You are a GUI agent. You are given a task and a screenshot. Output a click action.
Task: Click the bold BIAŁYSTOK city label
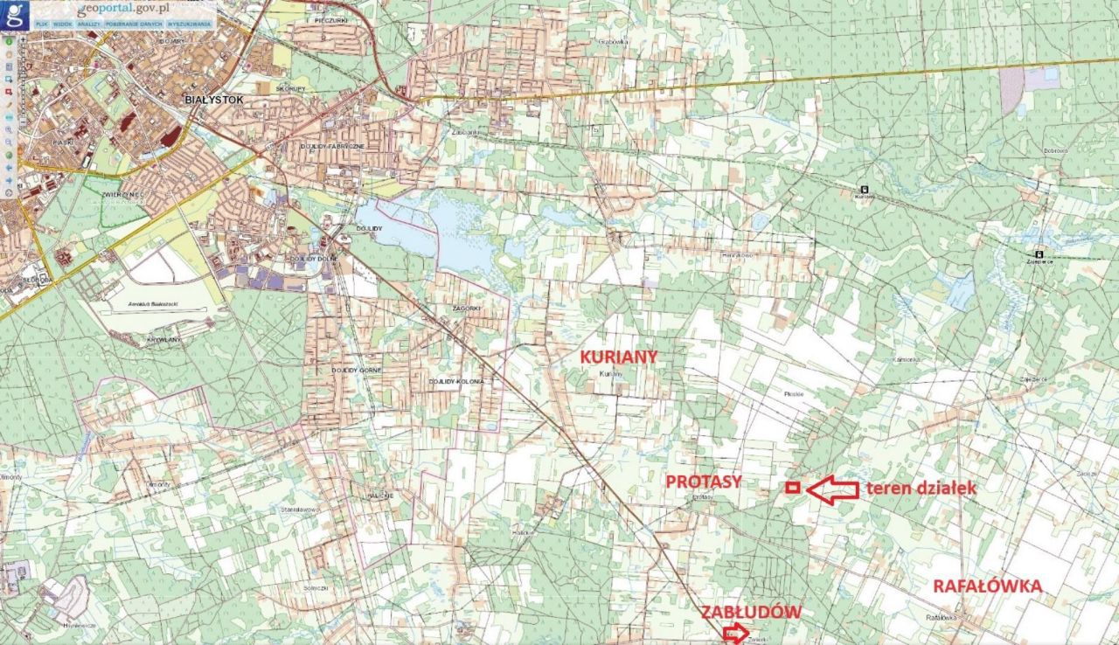pyautogui.click(x=213, y=100)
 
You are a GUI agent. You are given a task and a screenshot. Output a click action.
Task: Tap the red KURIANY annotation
pyautogui.click(x=619, y=357)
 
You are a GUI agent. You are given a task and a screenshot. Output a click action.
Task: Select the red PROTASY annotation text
pyautogui.click(x=704, y=482)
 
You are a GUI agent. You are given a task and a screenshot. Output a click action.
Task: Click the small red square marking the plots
pyautogui.click(x=792, y=488)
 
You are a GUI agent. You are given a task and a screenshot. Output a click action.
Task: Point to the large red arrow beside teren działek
pyautogui.click(x=831, y=489)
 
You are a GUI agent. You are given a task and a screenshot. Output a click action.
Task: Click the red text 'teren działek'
pyautogui.click(x=921, y=489)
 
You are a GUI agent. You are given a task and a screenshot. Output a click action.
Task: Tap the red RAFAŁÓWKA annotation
pyautogui.click(x=987, y=586)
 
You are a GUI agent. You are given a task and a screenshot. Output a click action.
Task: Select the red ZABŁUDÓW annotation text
pyautogui.click(x=751, y=612)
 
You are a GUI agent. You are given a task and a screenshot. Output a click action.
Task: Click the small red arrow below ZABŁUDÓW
pyautogui.click(x=737, y=633)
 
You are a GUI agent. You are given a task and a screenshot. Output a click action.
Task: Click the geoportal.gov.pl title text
pyautogui.click(x=122, y=8)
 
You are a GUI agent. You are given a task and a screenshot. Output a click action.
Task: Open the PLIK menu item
pyautogui.click(x=41, y=24)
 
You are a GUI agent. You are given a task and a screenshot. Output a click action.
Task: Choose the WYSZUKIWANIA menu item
pyautogui.click(x=190, y=24)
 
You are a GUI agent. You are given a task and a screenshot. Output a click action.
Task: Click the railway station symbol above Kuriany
pyautogui.click(x=865, y=189)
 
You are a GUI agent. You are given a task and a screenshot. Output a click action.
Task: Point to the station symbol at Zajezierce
pyautogui.click(x=1039, y=254)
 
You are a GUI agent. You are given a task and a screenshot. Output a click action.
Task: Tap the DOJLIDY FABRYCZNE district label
pyautogui.click(x=331, y=146)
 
